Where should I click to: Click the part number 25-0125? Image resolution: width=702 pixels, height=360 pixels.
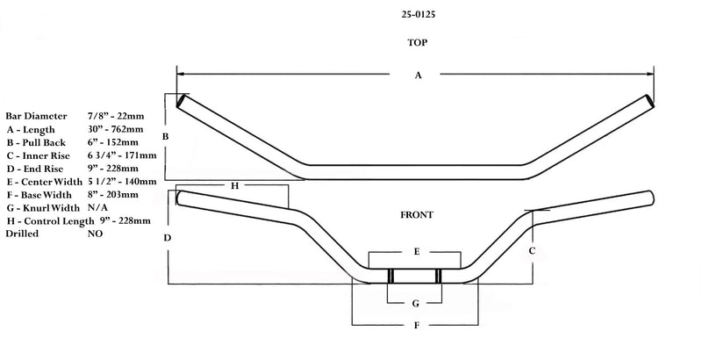[419, 14]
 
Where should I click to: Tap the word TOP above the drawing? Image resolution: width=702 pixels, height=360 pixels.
[418, 42]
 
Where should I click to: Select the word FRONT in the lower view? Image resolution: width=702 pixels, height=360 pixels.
[417, 215]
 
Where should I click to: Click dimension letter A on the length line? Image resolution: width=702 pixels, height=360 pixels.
[418, 76]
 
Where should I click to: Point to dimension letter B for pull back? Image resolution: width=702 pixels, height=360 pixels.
[165, 137]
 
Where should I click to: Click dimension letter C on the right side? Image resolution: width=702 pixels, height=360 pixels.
[532, 251]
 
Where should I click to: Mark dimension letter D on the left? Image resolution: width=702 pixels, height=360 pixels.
[167, 238]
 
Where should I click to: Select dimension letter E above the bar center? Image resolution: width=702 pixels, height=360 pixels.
[416, 252]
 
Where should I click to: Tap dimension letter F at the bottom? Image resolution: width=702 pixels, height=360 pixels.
[416, 325]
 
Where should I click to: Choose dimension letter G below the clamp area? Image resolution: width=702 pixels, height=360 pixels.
[415, 304]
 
